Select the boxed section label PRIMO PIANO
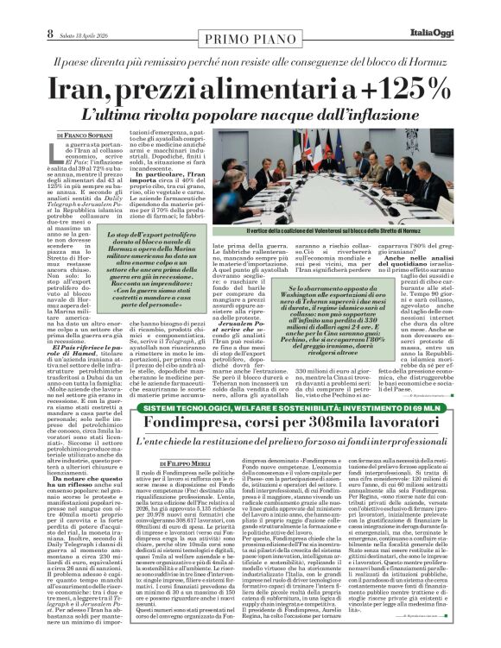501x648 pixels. (x=250, y=40)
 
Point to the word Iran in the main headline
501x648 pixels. (x=86, y=88)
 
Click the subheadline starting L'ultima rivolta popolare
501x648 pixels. (x=250, y=114)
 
